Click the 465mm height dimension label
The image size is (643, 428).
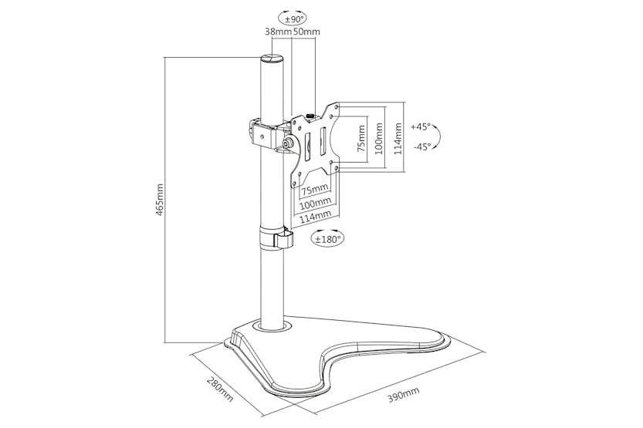point(160,199)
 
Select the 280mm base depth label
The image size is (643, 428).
point(219,390)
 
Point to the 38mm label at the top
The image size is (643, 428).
point(278,32)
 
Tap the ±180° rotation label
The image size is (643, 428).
point(327,240)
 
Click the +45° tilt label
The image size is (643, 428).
point(421,126)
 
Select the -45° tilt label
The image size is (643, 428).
point(421,147)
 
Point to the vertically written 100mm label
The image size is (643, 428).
point(378,137)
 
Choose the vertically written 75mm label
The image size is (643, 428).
point(358,137)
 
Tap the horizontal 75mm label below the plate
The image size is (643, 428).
point(315,190)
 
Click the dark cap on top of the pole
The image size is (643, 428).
point(271,59)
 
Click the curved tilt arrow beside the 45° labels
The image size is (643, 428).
point(437,137)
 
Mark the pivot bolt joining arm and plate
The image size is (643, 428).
point(287,143)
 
